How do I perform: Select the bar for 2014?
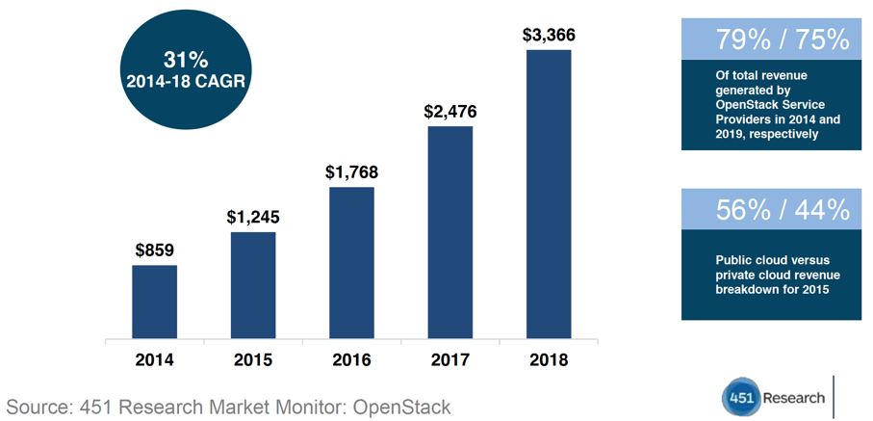click(x=154, y=303)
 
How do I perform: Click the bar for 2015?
click(x=253, y=286)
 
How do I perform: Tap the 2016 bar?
click(x=351, y=263)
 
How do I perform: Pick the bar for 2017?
click(x=450, y=232)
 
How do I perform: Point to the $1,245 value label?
click(x=253, y=217)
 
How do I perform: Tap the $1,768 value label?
click(x=351, y=172)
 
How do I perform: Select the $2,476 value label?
click(x=450, y=111)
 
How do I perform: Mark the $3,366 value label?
click(x=549, y=35)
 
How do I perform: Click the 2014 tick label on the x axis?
click(x=154, y=360)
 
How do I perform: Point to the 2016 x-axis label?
click(x=351, y=360)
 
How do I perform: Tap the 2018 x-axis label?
click(x=549, y=360)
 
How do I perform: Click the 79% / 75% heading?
click(x=783, y=39)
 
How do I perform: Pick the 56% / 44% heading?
click(x=783, y=209)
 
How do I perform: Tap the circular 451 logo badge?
click(x=742, y=398)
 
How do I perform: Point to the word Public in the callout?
click(x=737, y=259)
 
